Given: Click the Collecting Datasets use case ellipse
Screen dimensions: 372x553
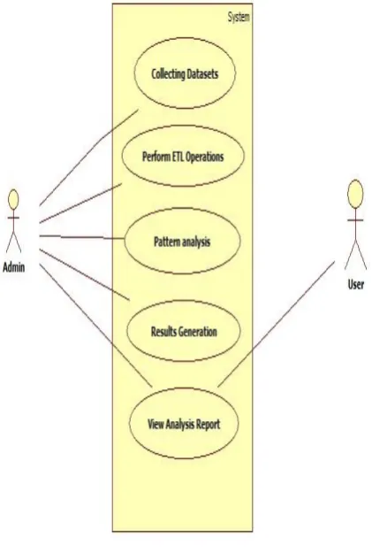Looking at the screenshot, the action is [185, 73].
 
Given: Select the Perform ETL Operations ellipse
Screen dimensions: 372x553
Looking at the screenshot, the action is [183, 156].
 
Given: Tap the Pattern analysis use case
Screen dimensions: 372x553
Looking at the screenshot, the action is [183, 242].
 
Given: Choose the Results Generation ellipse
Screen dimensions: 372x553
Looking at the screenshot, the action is [184, 331].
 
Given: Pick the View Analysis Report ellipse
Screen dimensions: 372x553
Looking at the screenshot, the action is [184, 423].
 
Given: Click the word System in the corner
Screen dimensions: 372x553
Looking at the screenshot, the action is [239, 17].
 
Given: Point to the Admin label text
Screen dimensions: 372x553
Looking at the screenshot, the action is [14, 267].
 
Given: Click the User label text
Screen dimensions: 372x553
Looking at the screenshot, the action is [356, 284].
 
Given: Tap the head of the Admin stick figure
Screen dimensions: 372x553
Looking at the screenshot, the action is [13, 199].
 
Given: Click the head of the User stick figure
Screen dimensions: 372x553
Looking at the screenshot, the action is [355, 192].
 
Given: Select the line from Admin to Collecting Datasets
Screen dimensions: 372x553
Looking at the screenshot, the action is [88, 157].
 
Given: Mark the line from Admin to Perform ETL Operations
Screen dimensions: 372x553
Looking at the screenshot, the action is [80, 204].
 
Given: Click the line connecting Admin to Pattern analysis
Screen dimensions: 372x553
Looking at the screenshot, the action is [82, 237].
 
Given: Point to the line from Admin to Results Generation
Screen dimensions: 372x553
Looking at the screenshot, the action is [85, 275].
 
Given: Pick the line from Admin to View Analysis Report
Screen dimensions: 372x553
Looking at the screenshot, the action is [95, 326].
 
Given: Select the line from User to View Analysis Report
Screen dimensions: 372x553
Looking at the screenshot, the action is [277, 324].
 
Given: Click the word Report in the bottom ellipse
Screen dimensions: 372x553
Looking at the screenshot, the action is [208, 424].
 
